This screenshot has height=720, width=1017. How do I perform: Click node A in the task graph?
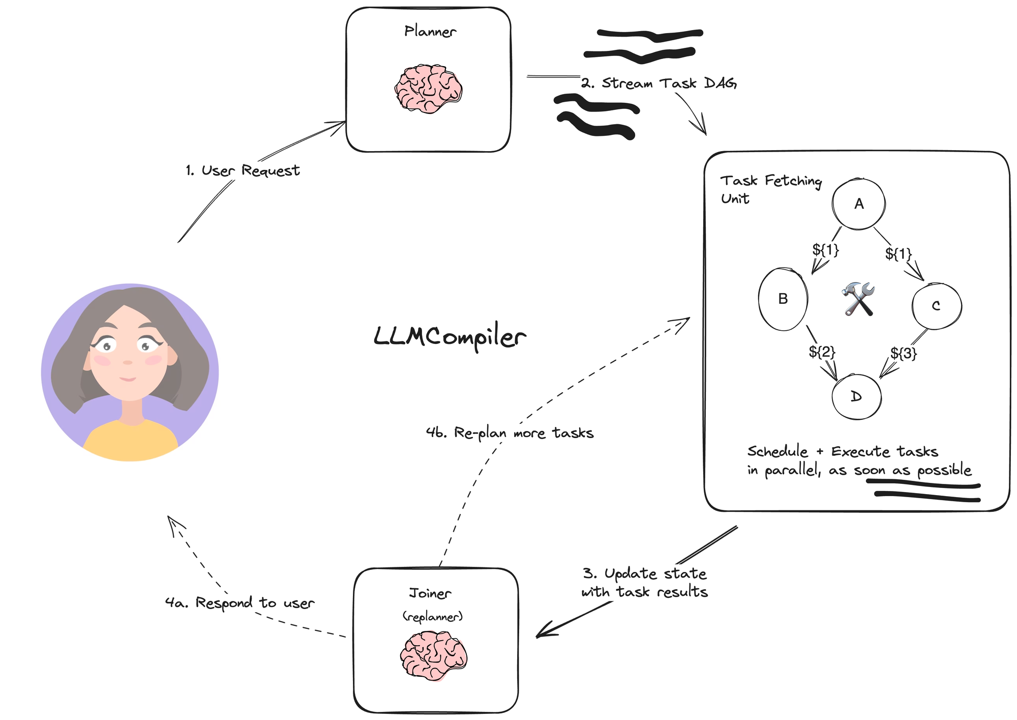click(858, 204)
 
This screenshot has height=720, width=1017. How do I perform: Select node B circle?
click(783, 299)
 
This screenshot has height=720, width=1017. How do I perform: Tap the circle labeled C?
click(936, 306)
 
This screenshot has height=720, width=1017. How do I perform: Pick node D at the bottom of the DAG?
click(856, 397)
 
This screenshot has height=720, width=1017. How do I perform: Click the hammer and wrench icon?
click(858, 299)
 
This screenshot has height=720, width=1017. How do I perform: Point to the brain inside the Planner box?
click(429, 89)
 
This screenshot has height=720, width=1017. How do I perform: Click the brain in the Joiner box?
click(433, 655)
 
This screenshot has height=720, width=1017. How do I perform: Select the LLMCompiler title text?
click(450, 337)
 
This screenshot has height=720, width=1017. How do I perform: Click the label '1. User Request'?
click(243, 170)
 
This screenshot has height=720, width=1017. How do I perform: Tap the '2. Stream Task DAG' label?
click(659, 83)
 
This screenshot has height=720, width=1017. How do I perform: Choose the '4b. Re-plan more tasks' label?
click(510, 433)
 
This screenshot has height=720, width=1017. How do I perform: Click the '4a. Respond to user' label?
click(240, 603)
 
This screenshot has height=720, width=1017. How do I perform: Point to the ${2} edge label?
click(822, 352)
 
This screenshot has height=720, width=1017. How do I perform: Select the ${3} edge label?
click(904, 353)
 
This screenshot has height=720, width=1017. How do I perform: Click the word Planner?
click(430, 32)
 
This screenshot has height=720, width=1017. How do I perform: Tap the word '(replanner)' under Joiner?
click(433, 617)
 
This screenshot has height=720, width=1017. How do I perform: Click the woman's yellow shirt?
click(130, 440)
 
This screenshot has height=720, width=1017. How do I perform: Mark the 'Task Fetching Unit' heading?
click(770, 189)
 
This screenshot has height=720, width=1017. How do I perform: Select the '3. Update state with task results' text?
click(644, 583)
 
